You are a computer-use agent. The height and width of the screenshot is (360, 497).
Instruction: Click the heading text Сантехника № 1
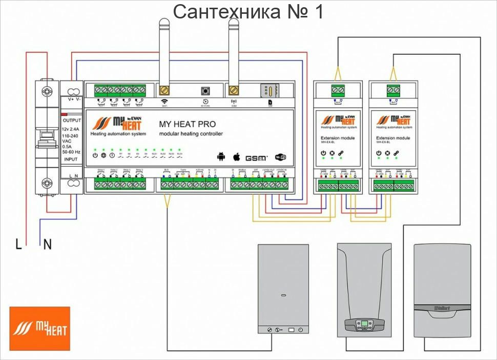pyautogui.click(x=248, y=11)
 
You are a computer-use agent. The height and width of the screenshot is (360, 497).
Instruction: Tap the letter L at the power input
pyautogui.click(x=18, y=245)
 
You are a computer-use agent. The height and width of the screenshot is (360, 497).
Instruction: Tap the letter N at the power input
pyautogui.click(x=47, y=245)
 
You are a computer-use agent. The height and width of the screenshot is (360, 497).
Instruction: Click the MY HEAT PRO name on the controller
pyautogui.click(x=188, y=124)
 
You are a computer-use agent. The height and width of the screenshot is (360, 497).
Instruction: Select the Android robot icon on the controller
pyautogui.click(x=221, y=156)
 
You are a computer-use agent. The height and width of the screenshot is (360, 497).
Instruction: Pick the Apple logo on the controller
pyautogui.click(x=237, y=156)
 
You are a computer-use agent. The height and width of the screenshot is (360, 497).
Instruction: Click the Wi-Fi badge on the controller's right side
pyautogui.click(x=281, y=157)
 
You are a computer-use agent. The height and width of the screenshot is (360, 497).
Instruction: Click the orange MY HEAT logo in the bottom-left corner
pyautogui.click(x=39, y=328)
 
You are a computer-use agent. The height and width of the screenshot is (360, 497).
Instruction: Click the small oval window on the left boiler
pyautogui.click(x=283, y=295)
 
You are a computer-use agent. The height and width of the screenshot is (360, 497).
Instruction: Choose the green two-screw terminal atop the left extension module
pyautogui.click(x=338, y=90)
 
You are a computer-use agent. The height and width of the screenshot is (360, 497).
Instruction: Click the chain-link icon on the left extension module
pyautogui.click(x=341, y=153)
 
